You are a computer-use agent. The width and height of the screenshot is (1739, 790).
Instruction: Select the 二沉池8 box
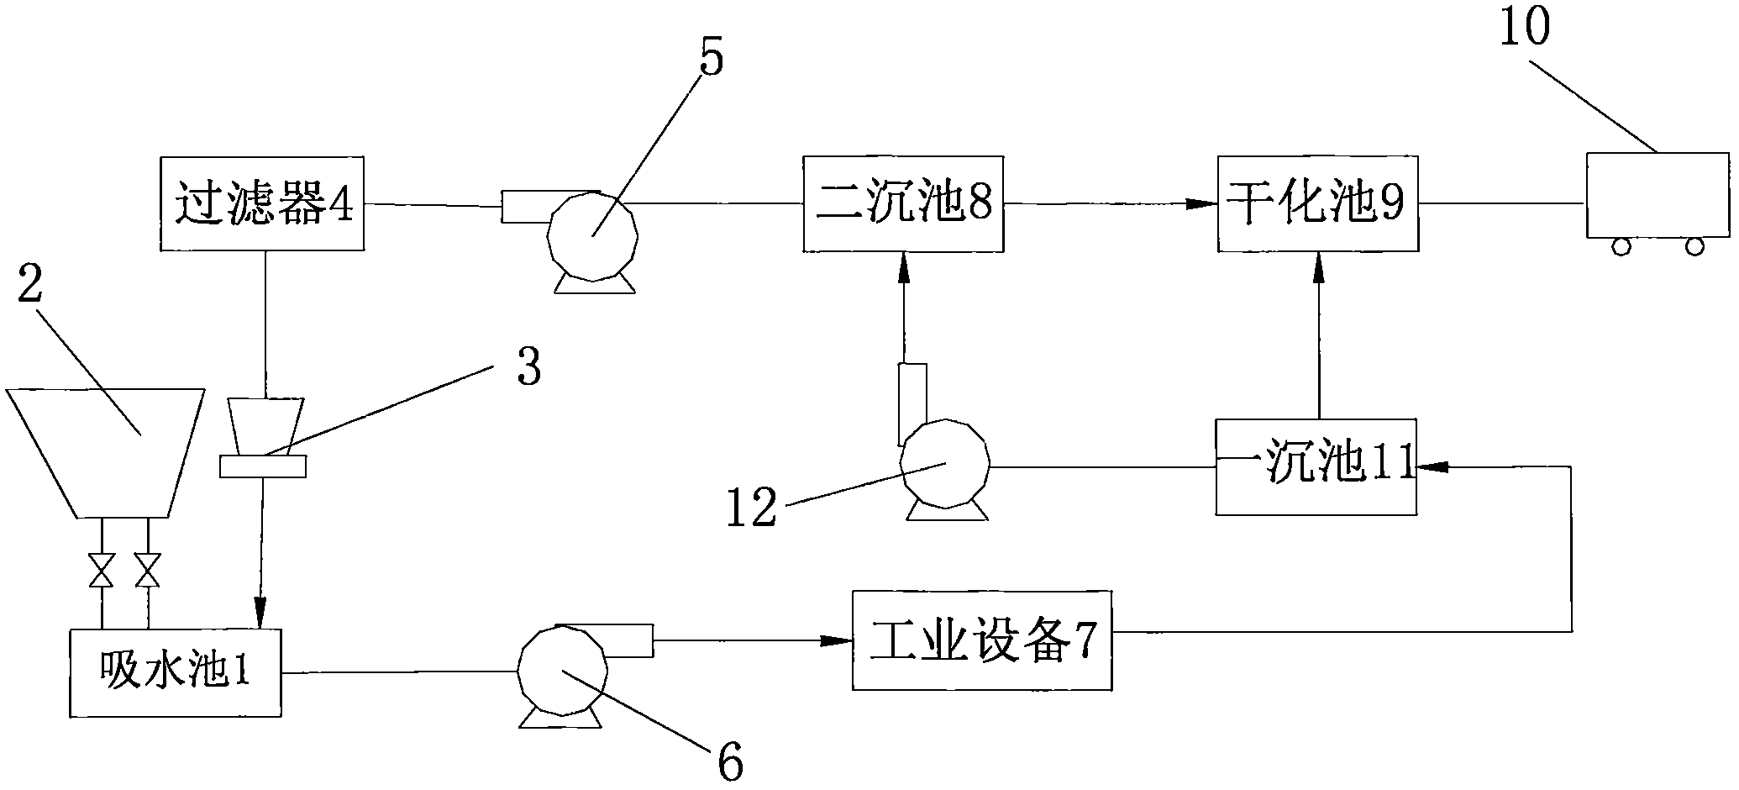coord(903,203)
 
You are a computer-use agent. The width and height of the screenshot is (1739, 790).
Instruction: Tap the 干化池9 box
coord(1318,203)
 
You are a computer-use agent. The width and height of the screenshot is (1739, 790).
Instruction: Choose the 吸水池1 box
coord(175,672)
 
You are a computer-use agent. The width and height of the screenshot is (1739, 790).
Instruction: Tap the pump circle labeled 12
coord(944,462)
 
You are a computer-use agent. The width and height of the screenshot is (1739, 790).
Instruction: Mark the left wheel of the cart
coord(1621,246)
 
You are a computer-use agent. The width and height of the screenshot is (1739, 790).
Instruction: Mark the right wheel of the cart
coord(1694,246)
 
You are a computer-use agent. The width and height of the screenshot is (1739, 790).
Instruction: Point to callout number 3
coord(528,367)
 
